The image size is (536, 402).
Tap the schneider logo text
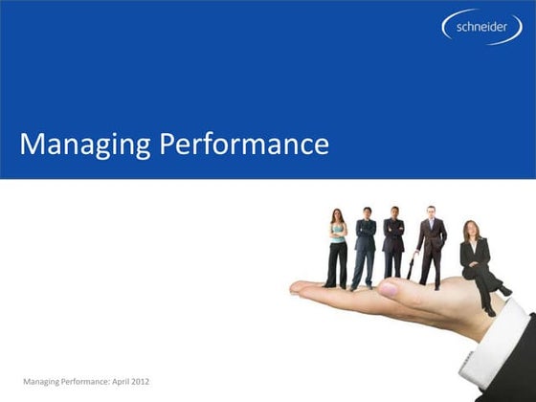point(481,28)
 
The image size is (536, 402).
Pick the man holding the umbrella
point(432,244)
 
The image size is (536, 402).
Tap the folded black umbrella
point(413,266)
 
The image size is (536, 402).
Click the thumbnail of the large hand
point(388,288)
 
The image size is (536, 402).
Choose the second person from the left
point(365,247)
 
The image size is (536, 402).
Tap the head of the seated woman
point(470,231)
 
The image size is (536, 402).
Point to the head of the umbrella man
point(431,212)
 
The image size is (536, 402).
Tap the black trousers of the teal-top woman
point(336,265)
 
